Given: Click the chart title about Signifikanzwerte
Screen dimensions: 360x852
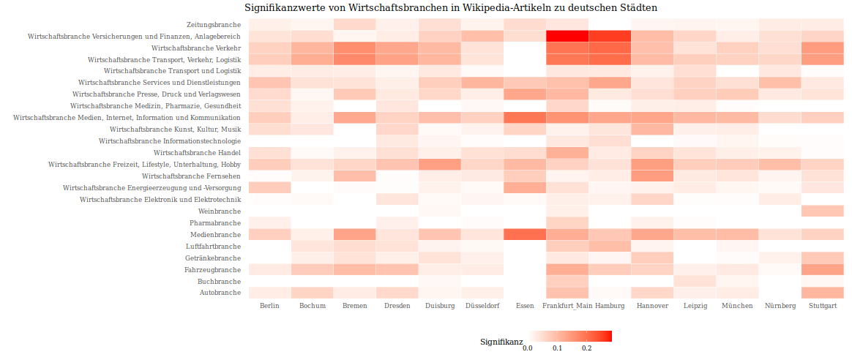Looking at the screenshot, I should coord(451,7).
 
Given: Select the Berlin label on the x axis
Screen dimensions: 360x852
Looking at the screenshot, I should coord(269,306).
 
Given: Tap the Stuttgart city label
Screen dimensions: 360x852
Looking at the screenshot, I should coord(823,306).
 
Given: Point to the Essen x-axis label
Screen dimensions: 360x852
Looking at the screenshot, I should coord(525,306).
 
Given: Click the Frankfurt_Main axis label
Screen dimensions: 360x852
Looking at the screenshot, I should coord(567,306).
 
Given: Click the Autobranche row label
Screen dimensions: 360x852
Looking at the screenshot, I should coord(220,293).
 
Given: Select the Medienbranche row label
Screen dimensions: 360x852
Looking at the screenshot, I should coord(215,235).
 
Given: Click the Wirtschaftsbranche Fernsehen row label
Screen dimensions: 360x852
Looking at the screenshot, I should coord(191,176).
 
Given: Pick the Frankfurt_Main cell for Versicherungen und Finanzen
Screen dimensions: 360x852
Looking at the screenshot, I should coord(567,36).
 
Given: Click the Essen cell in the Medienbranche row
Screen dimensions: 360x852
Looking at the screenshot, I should coord(525,235).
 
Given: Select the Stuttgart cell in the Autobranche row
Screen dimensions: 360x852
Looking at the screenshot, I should coord(823,293).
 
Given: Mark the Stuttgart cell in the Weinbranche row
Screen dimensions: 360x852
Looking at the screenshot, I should coord(823,211).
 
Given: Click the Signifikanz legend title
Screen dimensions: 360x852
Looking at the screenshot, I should coord(501,342).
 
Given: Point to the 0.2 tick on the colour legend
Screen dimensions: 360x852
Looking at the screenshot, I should coord(586,348).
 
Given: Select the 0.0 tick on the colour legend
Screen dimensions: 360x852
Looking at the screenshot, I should coord(527,348).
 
